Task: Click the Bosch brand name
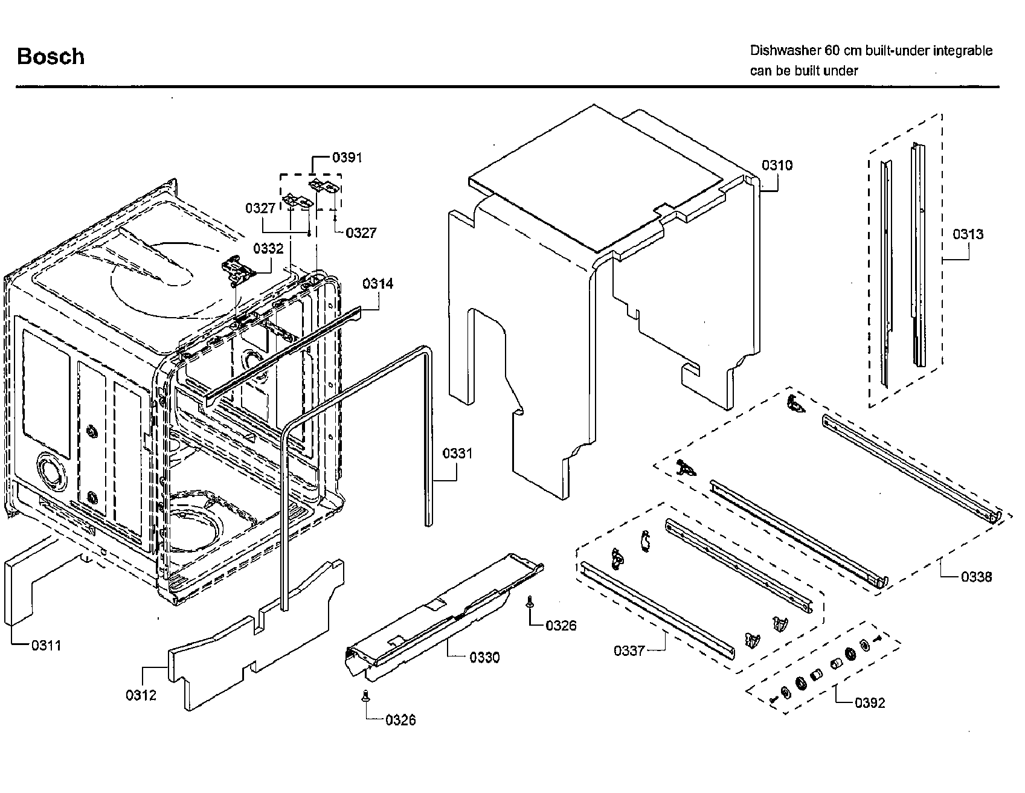pos(51,57)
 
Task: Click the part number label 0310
pos(777,165)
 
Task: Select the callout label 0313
pos(968,234)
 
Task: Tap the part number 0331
pos(457,454)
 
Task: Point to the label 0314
pos(378,284)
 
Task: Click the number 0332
pos(268,249)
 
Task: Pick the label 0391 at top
pos(347,158)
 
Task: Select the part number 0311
pos(47,646)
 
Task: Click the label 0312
pos(141,695)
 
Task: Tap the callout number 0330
pos(484,658)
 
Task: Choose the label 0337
pos(629,650)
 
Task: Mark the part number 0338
pos(976,577)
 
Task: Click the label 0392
pos(870,703)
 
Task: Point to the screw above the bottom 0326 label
pos(365,696)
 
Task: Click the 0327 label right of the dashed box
pos(361,233)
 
